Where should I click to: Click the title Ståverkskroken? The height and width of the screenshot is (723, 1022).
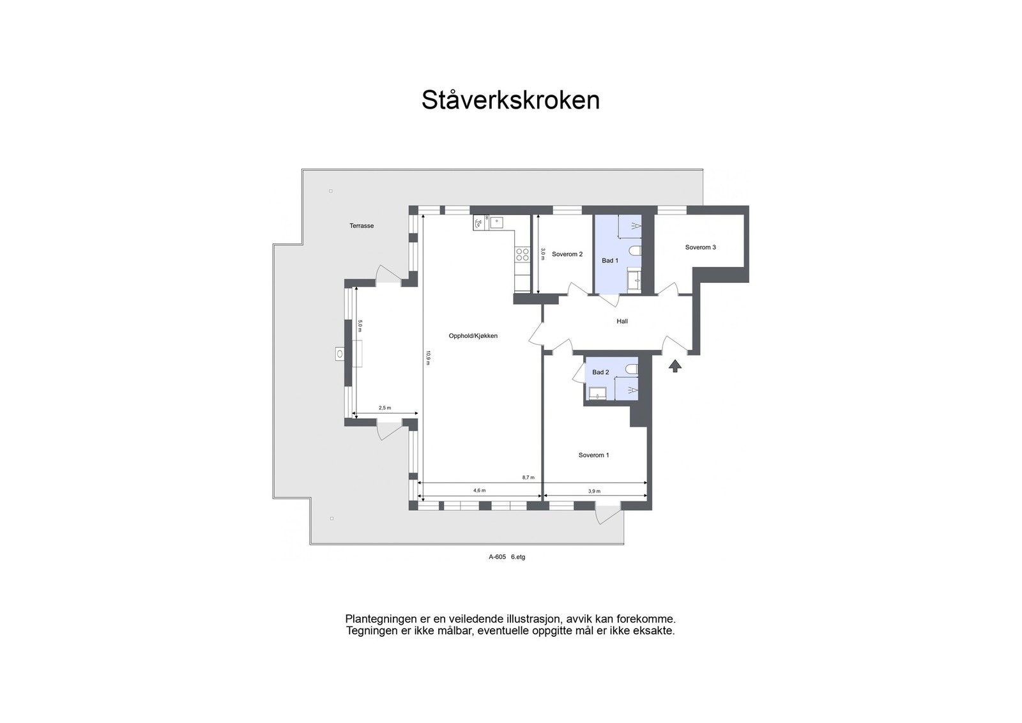click(510, 100)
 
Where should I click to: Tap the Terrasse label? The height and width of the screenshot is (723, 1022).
click(362, 226)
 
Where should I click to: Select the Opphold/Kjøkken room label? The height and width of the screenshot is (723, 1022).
click(473, 336)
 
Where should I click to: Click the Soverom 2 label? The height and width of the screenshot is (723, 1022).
click(567, 254)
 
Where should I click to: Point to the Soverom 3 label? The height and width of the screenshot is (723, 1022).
click(700, 247)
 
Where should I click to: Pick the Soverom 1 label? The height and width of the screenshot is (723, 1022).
click(593, 455)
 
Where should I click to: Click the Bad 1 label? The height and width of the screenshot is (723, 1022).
click(610, 261)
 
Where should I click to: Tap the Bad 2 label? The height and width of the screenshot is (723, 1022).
click(600, 372)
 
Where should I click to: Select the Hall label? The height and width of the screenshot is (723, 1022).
click(622, 321)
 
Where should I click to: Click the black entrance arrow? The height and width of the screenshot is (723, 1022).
click(675, 366)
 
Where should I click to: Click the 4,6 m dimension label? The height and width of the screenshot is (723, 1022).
click(479, 491)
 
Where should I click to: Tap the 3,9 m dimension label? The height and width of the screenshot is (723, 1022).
click(594, 491)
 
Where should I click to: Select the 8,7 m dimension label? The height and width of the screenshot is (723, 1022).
click(528, 477)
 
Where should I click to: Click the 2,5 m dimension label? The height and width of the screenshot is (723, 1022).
click(385, 407)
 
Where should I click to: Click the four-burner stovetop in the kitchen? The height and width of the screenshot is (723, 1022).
click(522, 254)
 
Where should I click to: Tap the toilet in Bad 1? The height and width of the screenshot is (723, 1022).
click(635, 250)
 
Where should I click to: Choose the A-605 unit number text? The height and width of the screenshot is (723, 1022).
click(497, 557)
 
